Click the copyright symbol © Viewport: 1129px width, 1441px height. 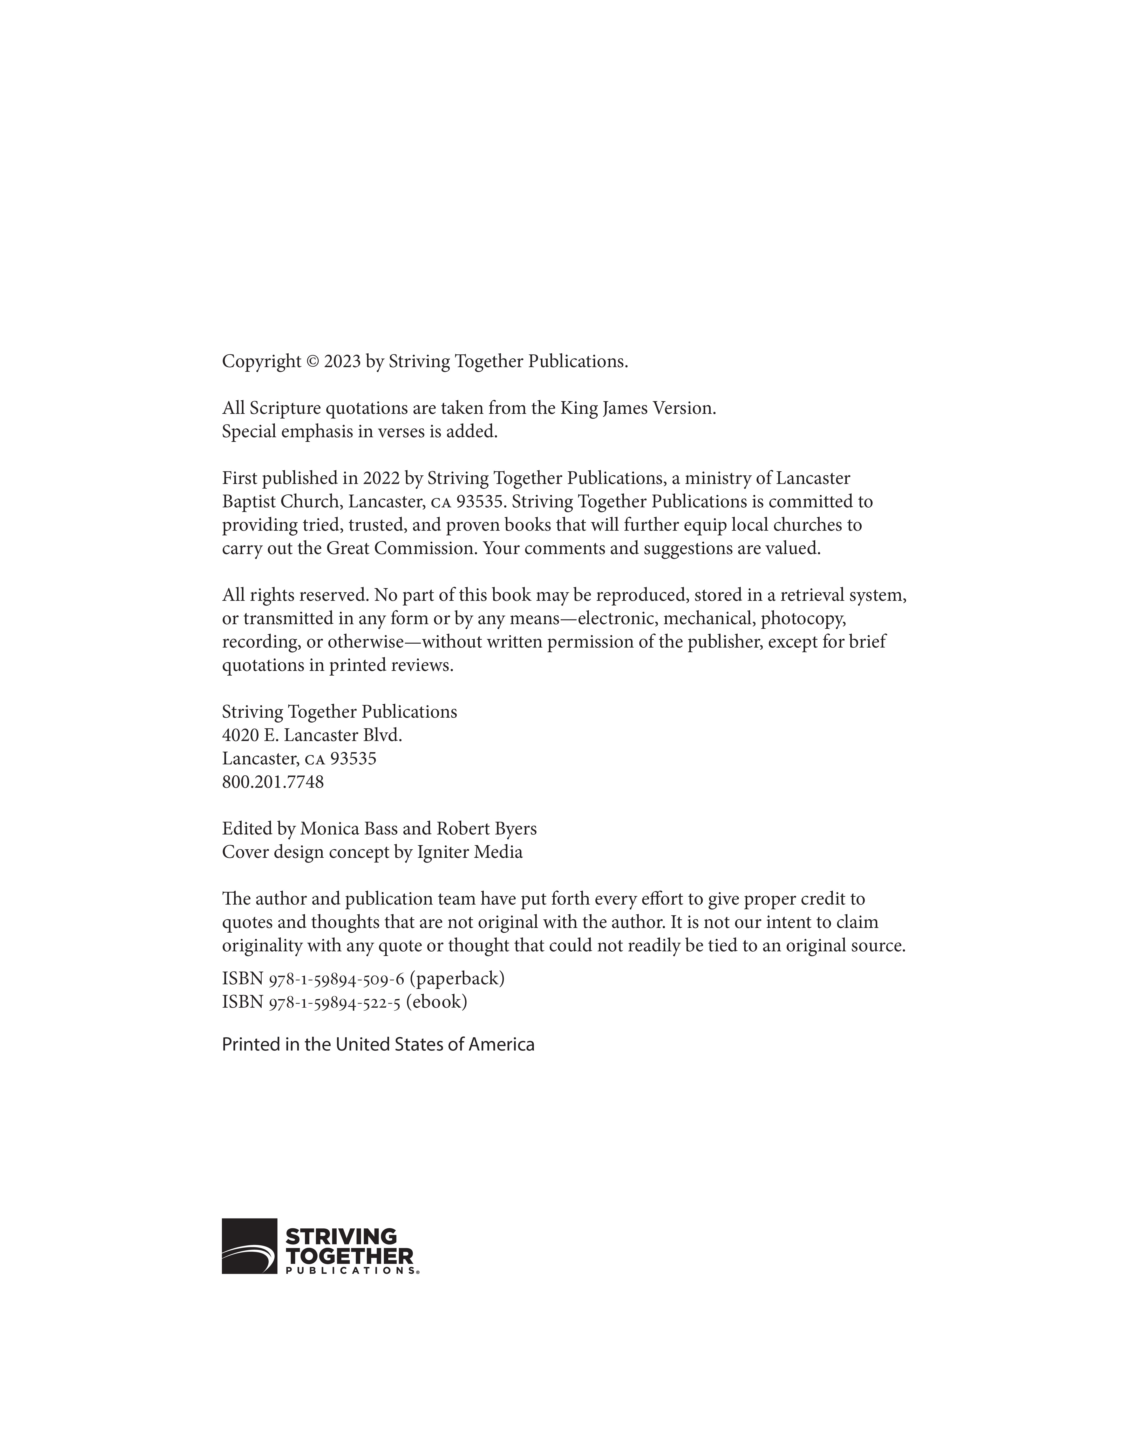pos(313,362)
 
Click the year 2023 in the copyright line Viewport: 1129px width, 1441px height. pos(342,362)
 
